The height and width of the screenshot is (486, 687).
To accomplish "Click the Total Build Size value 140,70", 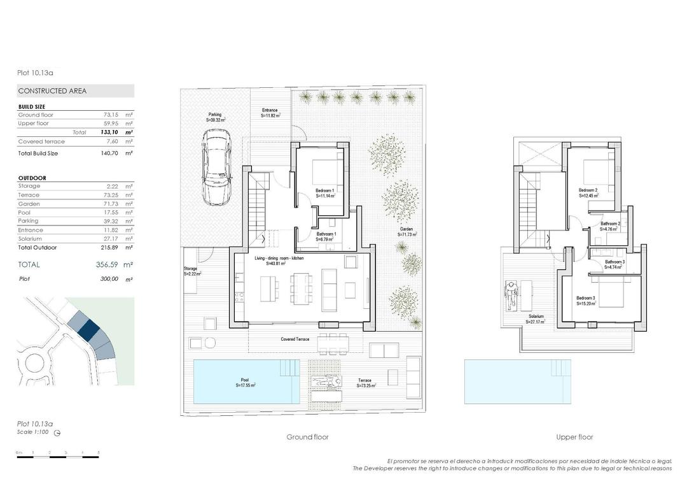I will tap(111, 154).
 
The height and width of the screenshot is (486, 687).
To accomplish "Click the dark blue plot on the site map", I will tap(89, 329).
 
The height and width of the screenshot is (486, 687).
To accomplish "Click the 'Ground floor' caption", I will tap(307, 437).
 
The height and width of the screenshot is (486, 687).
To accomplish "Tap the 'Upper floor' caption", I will tap(574, 437).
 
